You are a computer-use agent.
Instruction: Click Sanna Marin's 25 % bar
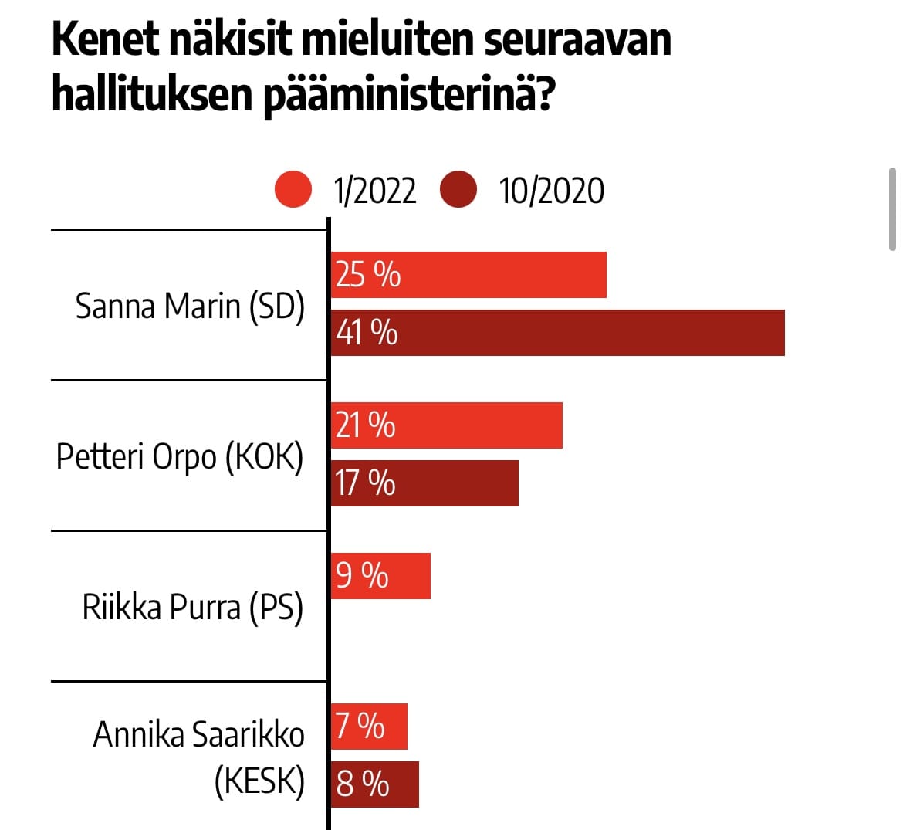point(468,275)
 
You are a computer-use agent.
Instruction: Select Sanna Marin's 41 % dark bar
point(557,333)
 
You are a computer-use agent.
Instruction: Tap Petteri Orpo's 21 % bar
point(446,425)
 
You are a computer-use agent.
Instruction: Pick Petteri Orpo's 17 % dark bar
point(424,483)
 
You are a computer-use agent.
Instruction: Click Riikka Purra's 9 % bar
point(380,576)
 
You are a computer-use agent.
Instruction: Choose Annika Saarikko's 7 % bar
point(369,727)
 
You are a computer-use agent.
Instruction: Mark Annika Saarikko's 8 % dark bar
point(375,784)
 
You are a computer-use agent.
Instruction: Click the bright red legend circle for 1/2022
point(293,189)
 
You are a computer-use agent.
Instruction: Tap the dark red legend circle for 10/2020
point(458,189)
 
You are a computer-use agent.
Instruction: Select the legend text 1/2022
point(375,191)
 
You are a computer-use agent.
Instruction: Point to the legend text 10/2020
point(552,191)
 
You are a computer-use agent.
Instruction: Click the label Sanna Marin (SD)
point(190,307)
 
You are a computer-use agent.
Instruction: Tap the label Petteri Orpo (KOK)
point(180,457)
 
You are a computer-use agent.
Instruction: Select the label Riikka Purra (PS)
point(193,608)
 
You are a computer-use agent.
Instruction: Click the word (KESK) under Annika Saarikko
point(260,781)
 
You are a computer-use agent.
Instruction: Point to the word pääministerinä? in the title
point(410,95)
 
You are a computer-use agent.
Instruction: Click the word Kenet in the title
point(106,39)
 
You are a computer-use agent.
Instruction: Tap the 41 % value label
point(367,333)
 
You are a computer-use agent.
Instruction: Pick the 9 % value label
point(362,576)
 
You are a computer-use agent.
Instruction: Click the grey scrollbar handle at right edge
point(893,209)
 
